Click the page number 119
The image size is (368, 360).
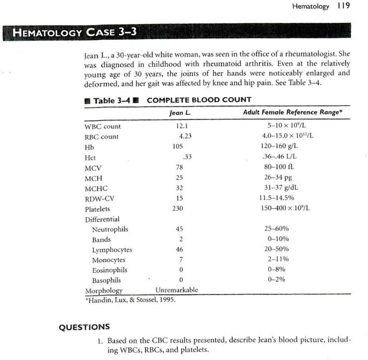[343, 6]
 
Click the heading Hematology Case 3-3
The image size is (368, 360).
[75, 32]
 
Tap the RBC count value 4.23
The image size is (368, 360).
[185, 137]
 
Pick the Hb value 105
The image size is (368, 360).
[178, 147]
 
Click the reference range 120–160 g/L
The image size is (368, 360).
[280, 147]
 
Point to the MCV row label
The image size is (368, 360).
[93, 168]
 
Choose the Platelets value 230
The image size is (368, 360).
[178, 209]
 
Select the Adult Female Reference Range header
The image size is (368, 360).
[294, 112]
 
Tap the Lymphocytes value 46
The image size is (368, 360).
[179, 250]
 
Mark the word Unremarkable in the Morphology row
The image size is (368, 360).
[177, 290]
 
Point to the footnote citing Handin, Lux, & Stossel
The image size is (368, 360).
[130, 299]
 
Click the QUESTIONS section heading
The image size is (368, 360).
[84, 327]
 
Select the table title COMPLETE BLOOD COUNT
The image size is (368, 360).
[199, 100]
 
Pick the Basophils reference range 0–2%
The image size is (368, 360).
[276, 280]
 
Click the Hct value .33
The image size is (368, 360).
[187, 157]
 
